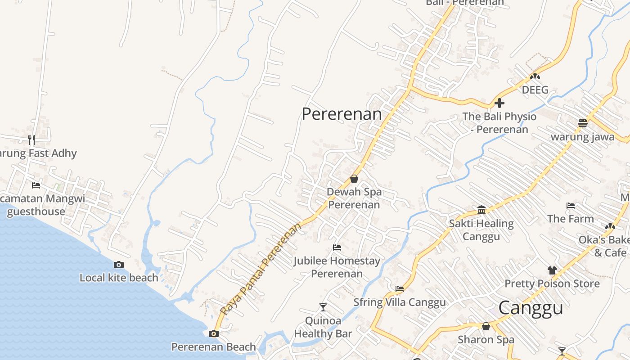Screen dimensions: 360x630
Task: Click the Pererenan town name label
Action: click(342, 114)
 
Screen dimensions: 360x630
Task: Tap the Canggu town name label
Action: click(531, 308)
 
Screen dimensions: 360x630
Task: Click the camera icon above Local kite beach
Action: click(119, 265)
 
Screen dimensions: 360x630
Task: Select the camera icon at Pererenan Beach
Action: click(214, 333)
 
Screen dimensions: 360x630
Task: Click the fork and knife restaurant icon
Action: click(31, 140)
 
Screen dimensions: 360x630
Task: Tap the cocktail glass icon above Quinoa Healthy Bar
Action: click(323, 307)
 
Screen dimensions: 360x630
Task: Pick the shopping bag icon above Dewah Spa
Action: click(354, 179)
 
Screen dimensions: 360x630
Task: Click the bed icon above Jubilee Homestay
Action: click(337, 247)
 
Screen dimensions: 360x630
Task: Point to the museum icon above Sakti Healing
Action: click(481, 210)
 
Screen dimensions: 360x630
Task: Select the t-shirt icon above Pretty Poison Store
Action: click(552, 270)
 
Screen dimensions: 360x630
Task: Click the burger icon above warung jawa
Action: click(583, 123)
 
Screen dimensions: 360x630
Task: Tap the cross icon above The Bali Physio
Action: click(499, 103)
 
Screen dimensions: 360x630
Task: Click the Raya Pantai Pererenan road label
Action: click(261, 269)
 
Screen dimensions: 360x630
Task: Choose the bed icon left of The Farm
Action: click(571, 206)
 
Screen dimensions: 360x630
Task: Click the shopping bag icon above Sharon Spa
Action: click(486, 326)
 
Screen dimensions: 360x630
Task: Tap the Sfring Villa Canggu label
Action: click(399, 302)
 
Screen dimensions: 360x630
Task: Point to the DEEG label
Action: click(535, 90)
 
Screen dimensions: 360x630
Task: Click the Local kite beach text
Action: click(119, 278)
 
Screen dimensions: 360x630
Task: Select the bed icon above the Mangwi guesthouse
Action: click(36, 185)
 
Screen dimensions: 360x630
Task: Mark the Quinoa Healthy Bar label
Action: click(323, 327)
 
